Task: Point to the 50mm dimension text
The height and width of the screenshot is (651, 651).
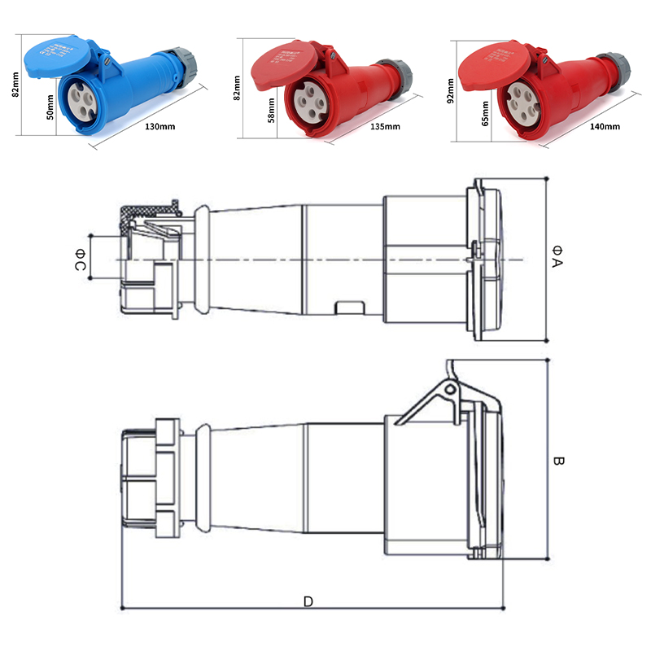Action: click(x=51, y=106)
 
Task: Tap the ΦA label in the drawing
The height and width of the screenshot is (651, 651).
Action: click(x=557, y=256)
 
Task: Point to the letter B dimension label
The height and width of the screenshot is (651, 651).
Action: click(x=558, y=461)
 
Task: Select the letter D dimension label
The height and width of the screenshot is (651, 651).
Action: click(x=308, y=601)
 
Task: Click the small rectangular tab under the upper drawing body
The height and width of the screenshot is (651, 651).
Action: click(x=350, y=308)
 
